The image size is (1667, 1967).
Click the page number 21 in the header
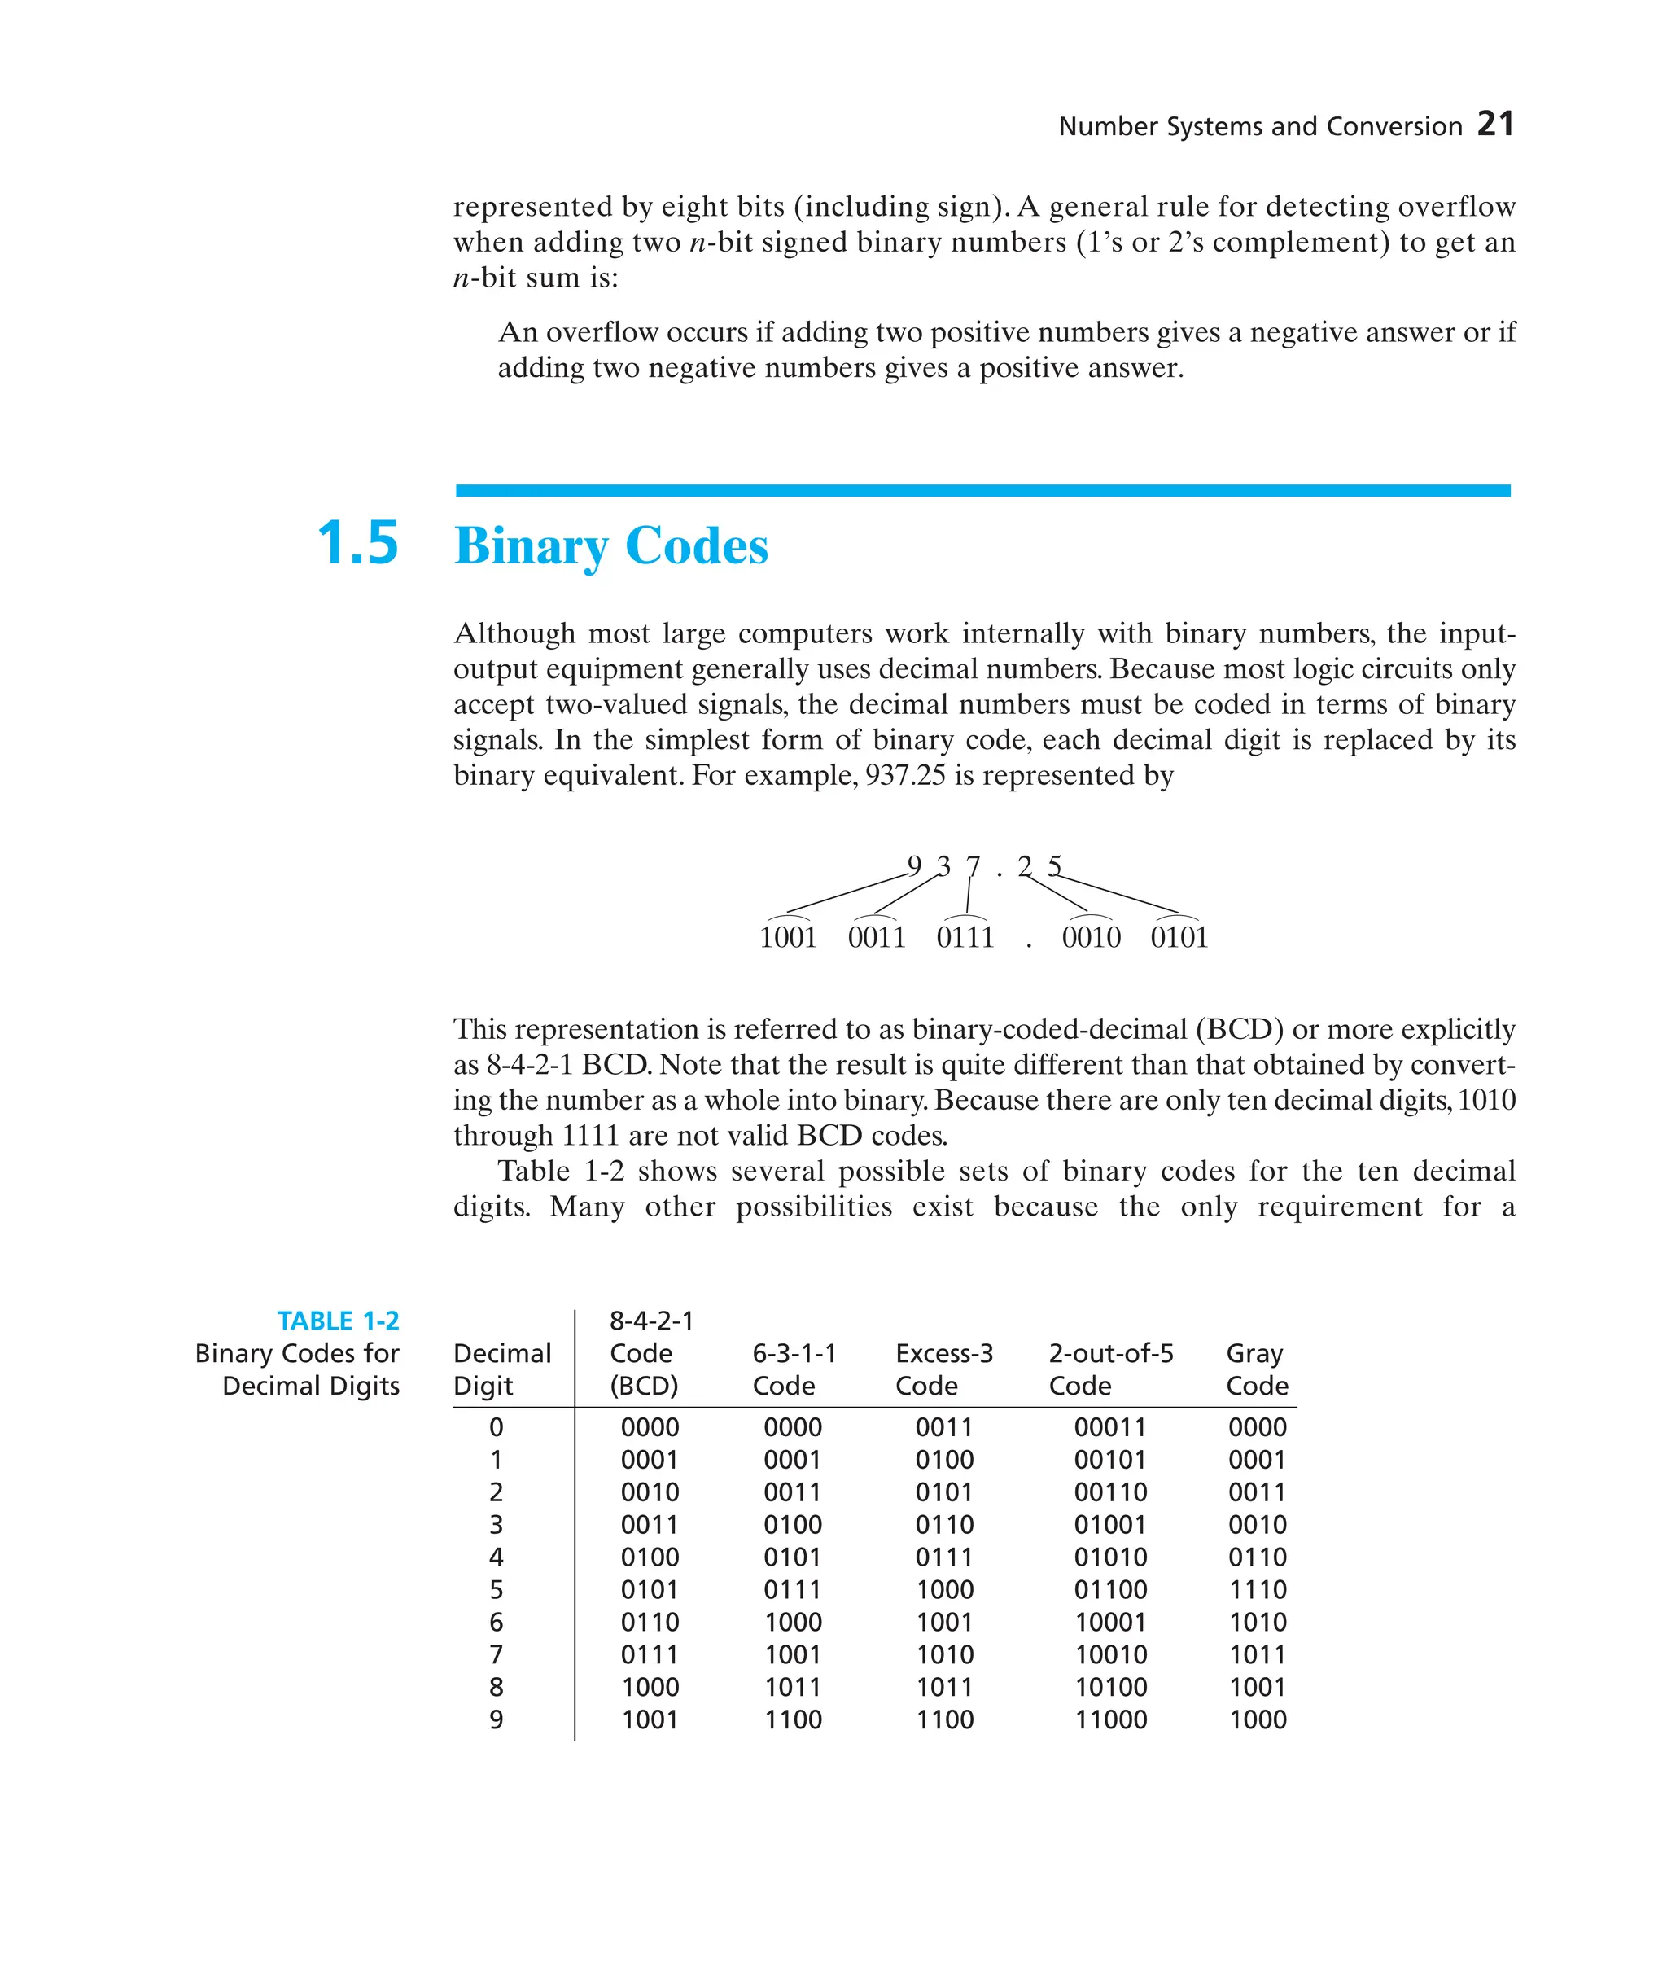point(1495,124)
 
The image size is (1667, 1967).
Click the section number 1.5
point(357,544)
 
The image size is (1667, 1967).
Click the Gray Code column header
point(1256,1369)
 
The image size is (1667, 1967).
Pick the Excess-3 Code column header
point(943,1369)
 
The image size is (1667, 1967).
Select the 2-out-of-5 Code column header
point(1110,1369)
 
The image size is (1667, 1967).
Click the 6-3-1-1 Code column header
point(794,1369)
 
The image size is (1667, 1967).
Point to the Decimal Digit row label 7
point(497,1654)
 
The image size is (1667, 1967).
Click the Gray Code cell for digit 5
point(1257,1589)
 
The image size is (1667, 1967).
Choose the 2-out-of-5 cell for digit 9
point(1110,1719)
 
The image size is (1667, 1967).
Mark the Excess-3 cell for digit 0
point(943,1427)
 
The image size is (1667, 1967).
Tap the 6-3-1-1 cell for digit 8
point(792,1687)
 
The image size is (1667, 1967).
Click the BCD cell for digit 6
point(650,1622)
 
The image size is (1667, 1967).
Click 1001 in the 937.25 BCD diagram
point(788,938)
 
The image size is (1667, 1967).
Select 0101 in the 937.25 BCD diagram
point(1179,938)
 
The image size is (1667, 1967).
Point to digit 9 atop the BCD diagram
point(914,865)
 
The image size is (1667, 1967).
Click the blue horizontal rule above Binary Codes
point(982,491)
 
